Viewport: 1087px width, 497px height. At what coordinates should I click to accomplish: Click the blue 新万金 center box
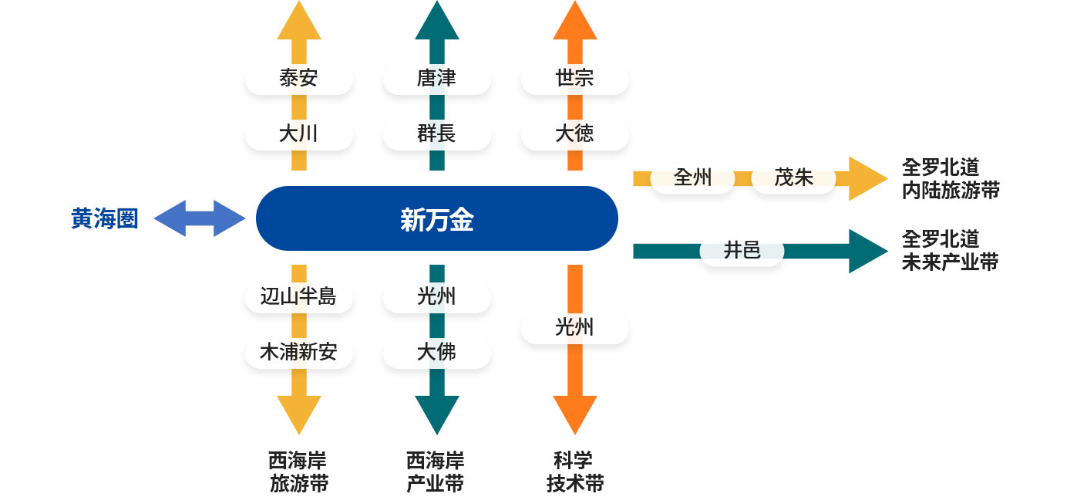coord(437,218)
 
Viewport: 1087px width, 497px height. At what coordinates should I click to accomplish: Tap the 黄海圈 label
coord(105,218)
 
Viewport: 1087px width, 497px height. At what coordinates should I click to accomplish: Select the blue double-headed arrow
coord(200,218)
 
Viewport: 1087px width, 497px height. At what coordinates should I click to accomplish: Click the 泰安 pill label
coord(299,78)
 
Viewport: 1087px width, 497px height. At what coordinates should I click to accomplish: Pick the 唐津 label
coord(437,78)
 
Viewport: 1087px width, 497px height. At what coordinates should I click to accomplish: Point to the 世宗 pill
coord(575,78)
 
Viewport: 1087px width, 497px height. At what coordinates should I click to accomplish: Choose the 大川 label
coord(299,134)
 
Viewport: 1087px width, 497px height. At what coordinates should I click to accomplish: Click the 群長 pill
coord(437,134)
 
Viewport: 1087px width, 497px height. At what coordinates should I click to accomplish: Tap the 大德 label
coord(575,134)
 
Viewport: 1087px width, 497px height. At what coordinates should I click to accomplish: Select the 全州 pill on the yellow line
coord(692,177)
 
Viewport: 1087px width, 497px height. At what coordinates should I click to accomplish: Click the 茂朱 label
coord(793,177)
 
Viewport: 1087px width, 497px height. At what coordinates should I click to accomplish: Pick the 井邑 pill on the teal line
coord(742,251)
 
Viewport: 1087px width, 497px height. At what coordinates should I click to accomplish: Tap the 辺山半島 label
coord(299,296)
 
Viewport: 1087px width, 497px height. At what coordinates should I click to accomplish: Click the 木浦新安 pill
coord(299,352)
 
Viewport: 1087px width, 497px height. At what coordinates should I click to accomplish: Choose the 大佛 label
coord(437,352)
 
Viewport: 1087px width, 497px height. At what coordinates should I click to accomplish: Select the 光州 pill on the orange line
coord(575,328)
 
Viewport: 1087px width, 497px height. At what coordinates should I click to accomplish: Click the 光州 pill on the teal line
coord(437,296)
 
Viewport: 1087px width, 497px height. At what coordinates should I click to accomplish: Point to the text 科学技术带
coord(575,472)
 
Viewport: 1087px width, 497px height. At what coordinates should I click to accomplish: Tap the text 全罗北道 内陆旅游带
coord(951,179)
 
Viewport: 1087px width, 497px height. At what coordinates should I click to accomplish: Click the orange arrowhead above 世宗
coord(575,20)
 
